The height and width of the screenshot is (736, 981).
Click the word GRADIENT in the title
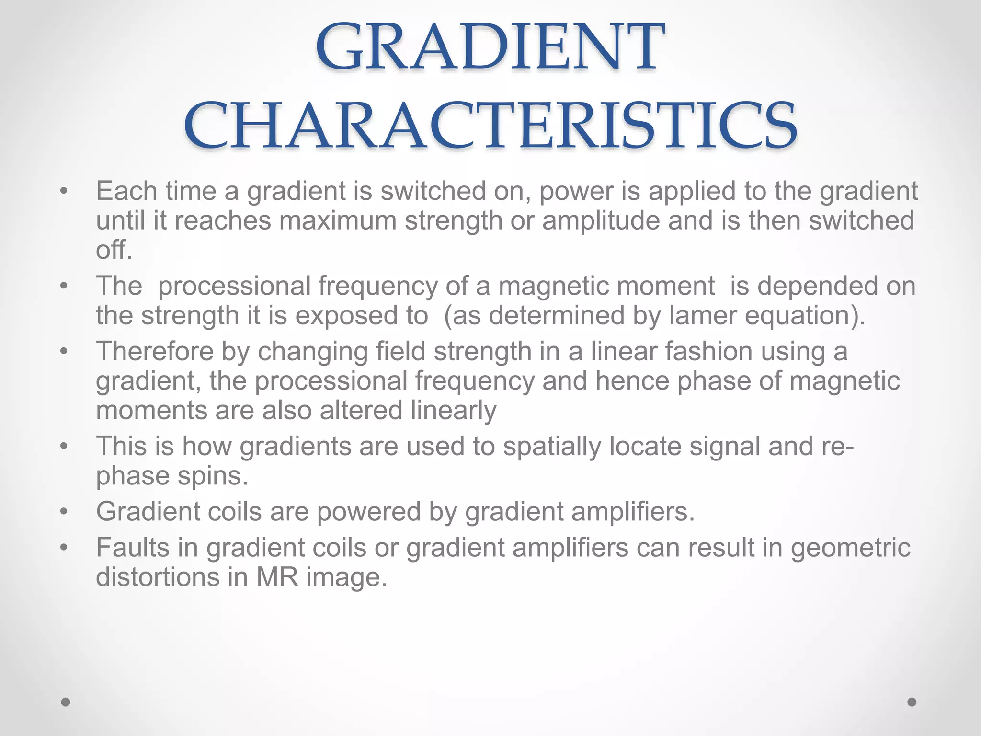490,48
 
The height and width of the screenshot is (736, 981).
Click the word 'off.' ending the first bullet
114,250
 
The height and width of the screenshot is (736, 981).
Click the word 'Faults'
133,548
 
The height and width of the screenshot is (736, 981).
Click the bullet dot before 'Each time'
64,192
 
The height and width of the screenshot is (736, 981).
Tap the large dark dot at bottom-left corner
66,702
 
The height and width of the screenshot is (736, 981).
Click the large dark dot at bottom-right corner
912,702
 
